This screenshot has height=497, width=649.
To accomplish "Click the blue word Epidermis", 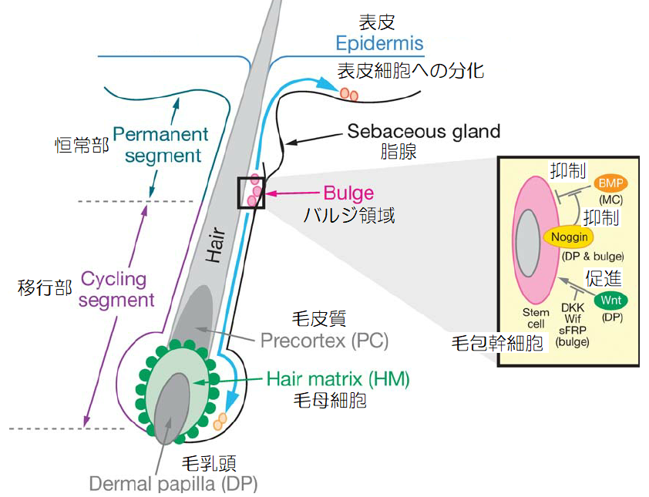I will [380, 44].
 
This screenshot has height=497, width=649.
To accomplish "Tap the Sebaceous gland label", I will [423, 131].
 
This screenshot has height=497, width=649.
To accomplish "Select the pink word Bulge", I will [349, 193].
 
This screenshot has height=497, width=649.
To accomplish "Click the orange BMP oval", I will [611, 183].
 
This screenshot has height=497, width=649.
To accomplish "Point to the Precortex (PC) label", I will [324, 340].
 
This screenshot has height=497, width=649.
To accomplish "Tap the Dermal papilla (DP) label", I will [173, 484].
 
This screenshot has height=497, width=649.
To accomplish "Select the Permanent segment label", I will [160, 144].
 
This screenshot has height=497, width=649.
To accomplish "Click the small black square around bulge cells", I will [251, 192].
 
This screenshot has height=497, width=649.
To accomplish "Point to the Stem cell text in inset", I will [536, 318].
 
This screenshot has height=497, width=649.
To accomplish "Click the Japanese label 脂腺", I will [399, 152].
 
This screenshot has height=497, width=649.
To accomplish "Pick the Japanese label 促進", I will [604, 277].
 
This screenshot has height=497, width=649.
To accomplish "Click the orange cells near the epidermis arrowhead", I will [349, 94].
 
